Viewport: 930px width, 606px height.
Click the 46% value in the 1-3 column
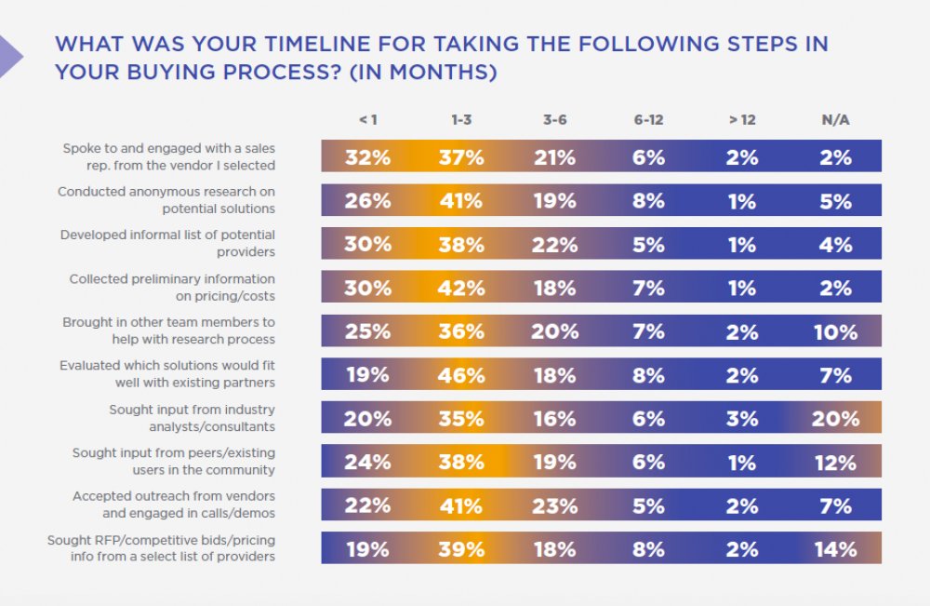[461, 375]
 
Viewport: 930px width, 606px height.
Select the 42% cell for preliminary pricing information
[461, 288]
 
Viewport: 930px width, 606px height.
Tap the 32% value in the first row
[367, 157]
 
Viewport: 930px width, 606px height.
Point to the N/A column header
[835, 120]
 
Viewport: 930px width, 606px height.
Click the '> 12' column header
[741, 120]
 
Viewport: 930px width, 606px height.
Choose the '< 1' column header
[367, 120]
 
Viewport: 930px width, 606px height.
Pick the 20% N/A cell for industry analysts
[835, 419]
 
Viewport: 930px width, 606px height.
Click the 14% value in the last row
[835, 549]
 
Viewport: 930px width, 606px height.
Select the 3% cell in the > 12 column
[741, 419]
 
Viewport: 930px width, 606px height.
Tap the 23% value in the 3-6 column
[555, 505]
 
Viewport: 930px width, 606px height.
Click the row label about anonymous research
[166, 200]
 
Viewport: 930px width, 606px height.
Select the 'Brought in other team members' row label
[168, 330]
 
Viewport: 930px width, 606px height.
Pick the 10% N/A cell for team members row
[835, 331]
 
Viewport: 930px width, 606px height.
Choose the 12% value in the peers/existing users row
[835, 463]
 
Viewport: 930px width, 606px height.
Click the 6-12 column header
[648, 120]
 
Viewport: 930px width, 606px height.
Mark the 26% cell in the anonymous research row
[367, 201]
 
